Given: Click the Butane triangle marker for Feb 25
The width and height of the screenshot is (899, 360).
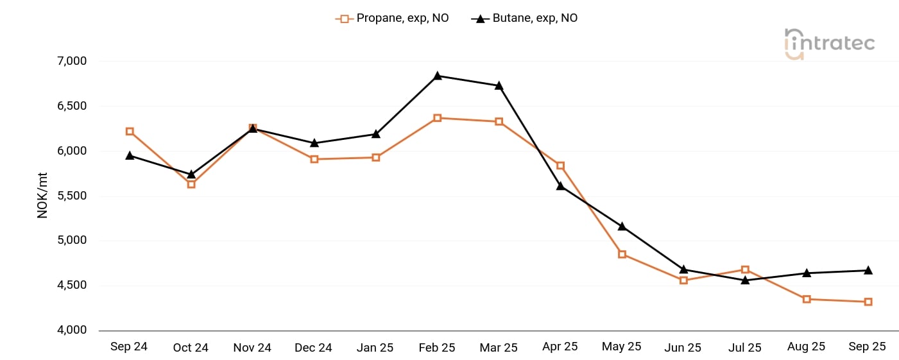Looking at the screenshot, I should click(437, 76).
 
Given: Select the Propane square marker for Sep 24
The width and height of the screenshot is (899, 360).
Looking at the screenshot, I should click(130, 132).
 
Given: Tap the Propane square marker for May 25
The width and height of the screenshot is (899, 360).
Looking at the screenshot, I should click(622, 254).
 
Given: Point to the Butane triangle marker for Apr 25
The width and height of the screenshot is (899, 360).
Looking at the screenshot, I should click(560, 185).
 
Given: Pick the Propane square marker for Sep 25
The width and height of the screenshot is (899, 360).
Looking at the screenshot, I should click(868, 302).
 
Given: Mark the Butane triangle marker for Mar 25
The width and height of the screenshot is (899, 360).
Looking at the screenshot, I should click(499, 85).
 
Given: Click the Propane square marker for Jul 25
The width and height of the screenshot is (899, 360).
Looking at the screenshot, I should click(745, 270).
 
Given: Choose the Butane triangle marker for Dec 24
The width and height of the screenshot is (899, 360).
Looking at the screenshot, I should click(314, 142).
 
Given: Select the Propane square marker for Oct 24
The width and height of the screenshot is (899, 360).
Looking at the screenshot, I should click(191, 184).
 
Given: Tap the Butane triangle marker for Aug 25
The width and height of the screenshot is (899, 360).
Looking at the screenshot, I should click(807, 273).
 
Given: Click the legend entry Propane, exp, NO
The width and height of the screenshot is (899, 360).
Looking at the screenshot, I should click(393, 19).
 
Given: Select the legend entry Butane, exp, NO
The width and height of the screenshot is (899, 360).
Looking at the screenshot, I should click(525, 19).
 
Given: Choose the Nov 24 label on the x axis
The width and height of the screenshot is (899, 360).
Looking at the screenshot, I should click(252, 348).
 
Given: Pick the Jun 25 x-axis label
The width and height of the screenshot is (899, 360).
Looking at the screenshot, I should click(683, 348).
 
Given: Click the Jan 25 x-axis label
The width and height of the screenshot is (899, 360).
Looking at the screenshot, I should click(375, 348).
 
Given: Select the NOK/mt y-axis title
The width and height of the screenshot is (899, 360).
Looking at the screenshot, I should click(43, 196).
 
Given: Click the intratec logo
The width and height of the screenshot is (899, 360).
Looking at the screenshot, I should click(829, 44).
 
